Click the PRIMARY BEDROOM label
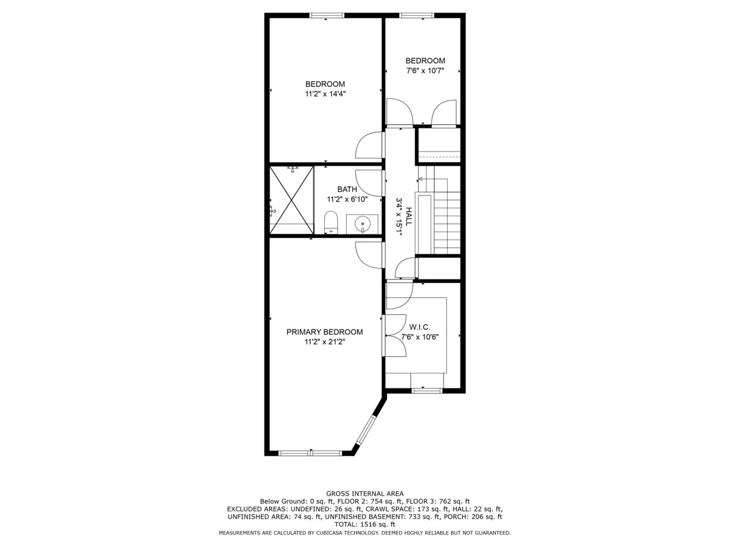click(324, 332)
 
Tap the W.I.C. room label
click(420, 327)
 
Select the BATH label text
click(347, 189)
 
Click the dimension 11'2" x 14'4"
click(325, 94)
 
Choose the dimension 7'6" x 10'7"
click(425, 71)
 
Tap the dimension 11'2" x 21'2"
click(324, 342)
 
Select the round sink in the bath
click(363, 223)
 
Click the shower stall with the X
click(292, 199)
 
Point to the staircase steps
click(447, 222)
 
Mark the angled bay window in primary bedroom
click(367, 430)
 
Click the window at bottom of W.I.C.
click(426, 390)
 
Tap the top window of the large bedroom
click(327, 15)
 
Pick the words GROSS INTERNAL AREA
click(364, 494)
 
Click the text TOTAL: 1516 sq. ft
click(364, 524)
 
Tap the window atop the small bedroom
click(416, 15)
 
